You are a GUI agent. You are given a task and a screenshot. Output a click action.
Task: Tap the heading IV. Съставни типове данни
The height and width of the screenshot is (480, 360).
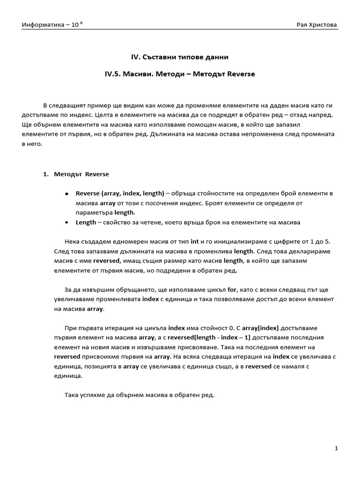(180, 57)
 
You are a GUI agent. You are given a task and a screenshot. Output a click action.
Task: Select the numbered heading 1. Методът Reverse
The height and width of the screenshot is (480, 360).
(75, 174)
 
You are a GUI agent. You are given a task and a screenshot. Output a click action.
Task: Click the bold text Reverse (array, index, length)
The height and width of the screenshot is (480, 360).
(120, 193)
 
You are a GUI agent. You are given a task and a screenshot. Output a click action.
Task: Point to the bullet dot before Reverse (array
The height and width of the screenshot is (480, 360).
(67, 194)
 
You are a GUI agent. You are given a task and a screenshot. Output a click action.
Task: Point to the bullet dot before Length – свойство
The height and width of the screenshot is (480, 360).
(67, 222)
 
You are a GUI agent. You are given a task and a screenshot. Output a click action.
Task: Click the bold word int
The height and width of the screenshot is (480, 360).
(195, 241)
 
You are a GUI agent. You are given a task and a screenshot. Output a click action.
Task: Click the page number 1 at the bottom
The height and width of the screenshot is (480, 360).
(337, 449)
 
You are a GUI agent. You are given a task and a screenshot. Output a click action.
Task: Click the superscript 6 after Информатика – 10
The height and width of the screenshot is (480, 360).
(82, 22)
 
